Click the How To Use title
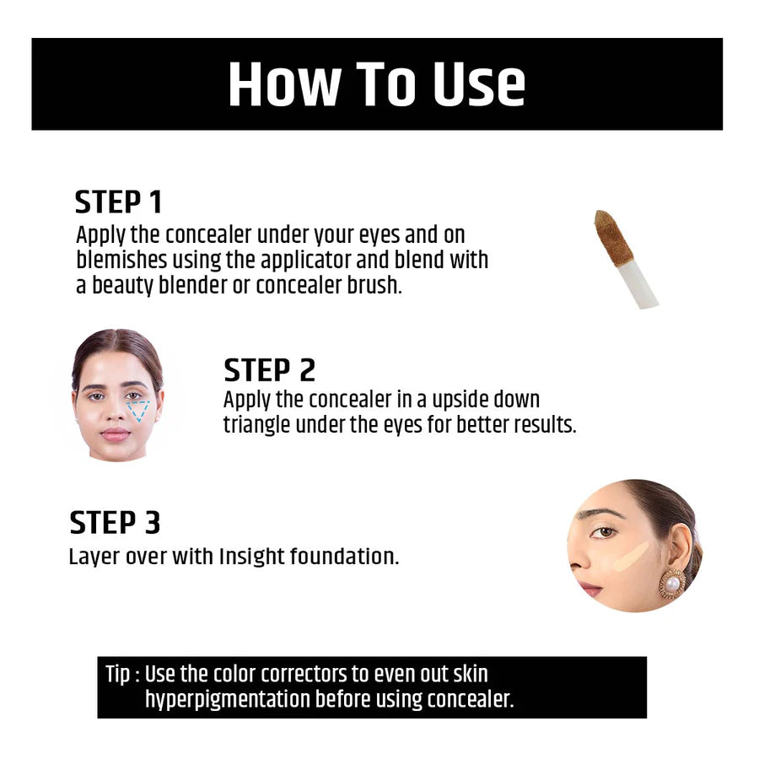(376, 84)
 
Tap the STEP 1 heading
(118, 203)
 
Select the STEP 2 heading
(269, 370)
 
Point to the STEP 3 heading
(115, 523)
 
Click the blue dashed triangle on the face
(137, 410)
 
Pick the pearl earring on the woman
(672, 584)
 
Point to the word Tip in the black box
(117, 675)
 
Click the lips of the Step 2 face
(116, 435)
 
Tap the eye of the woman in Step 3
(602, 533)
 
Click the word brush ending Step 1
(375, 285)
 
